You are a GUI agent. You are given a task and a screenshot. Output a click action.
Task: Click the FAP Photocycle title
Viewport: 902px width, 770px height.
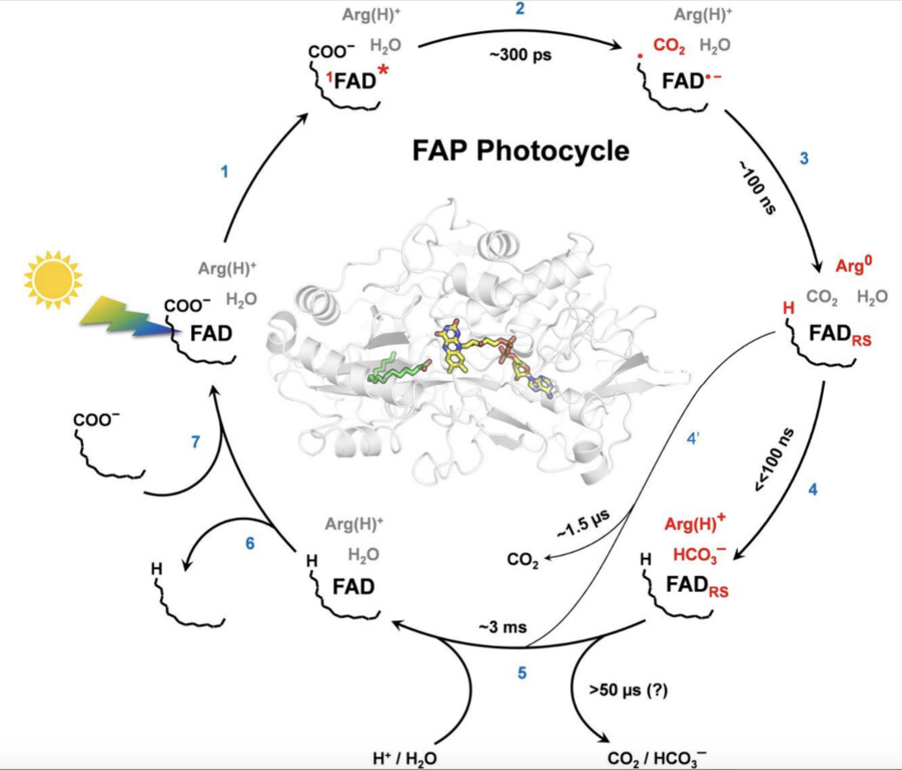point(520,150)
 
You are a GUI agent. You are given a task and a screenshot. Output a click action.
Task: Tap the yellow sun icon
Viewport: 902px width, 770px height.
point(53,279)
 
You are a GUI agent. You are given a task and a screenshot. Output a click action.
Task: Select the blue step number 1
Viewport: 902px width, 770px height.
point(224,172)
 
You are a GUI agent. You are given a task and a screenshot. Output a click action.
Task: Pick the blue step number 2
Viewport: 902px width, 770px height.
point(520,9)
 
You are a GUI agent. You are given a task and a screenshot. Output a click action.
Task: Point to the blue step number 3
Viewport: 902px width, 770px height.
point(804,158)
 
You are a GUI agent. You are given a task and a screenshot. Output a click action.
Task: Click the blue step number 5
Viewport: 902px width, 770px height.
point(522,673)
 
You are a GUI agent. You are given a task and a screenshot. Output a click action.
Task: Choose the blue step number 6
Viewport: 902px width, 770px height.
point(250,543)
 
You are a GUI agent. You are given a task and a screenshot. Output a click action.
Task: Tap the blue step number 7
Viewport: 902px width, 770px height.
point(196,442)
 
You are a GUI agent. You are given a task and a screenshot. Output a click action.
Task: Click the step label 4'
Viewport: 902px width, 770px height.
point(693,438)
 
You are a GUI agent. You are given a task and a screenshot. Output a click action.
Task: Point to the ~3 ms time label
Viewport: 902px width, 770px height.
point(503,627)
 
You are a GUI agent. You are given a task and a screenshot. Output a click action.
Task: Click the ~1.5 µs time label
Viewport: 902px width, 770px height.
point(583,524)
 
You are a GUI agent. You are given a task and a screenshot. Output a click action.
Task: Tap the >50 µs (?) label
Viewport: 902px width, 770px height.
point(628,690)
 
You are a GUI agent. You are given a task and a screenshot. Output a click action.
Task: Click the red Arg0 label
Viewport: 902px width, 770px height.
point(853,265)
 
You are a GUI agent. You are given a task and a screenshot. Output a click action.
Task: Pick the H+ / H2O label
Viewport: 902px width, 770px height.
point(404,758)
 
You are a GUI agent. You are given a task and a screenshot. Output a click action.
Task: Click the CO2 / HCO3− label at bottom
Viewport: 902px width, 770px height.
point(656,758)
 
